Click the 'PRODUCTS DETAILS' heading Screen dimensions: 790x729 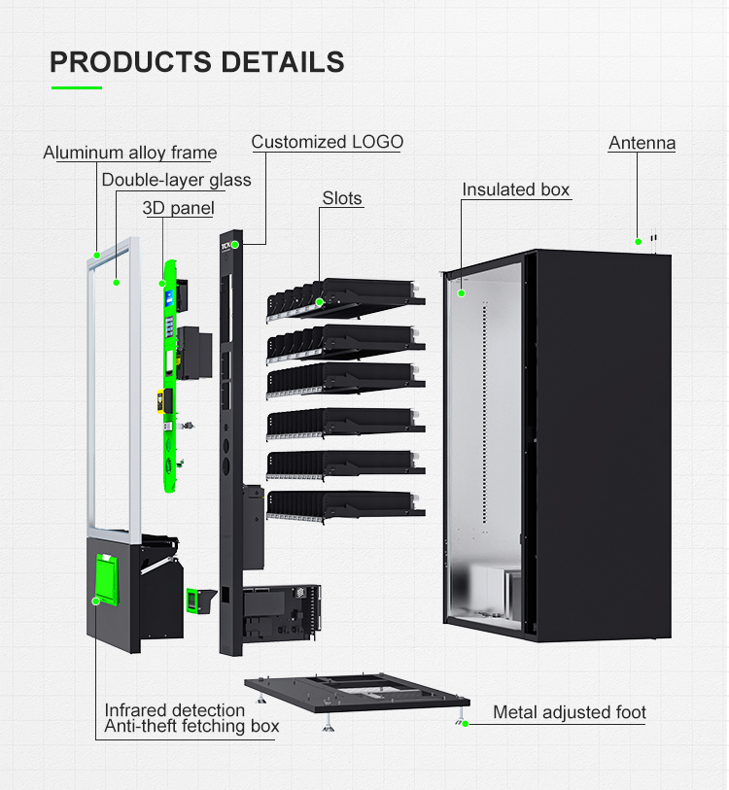pos(197,62)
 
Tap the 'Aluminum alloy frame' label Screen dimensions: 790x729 pos(130,153)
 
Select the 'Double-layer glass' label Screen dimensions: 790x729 pos(176,180)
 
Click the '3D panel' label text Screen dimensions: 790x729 pos(178,208)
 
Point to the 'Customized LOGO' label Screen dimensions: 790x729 pos(327,142)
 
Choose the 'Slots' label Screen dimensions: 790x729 pos(342,198)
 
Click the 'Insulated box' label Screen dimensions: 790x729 pos(515,189)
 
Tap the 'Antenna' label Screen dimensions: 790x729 pos(642,143)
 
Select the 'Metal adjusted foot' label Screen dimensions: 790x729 pos(569,712)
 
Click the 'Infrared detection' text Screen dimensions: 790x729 pos(175,710)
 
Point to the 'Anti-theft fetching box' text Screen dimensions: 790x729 pos(191,726)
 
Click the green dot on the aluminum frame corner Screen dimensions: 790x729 pos(97,255)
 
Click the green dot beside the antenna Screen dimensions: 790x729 pos(639,241)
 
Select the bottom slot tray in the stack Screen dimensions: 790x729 pos(345,502)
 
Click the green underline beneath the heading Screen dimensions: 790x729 pos(77,88)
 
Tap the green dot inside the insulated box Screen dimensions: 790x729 pos(462,292)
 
